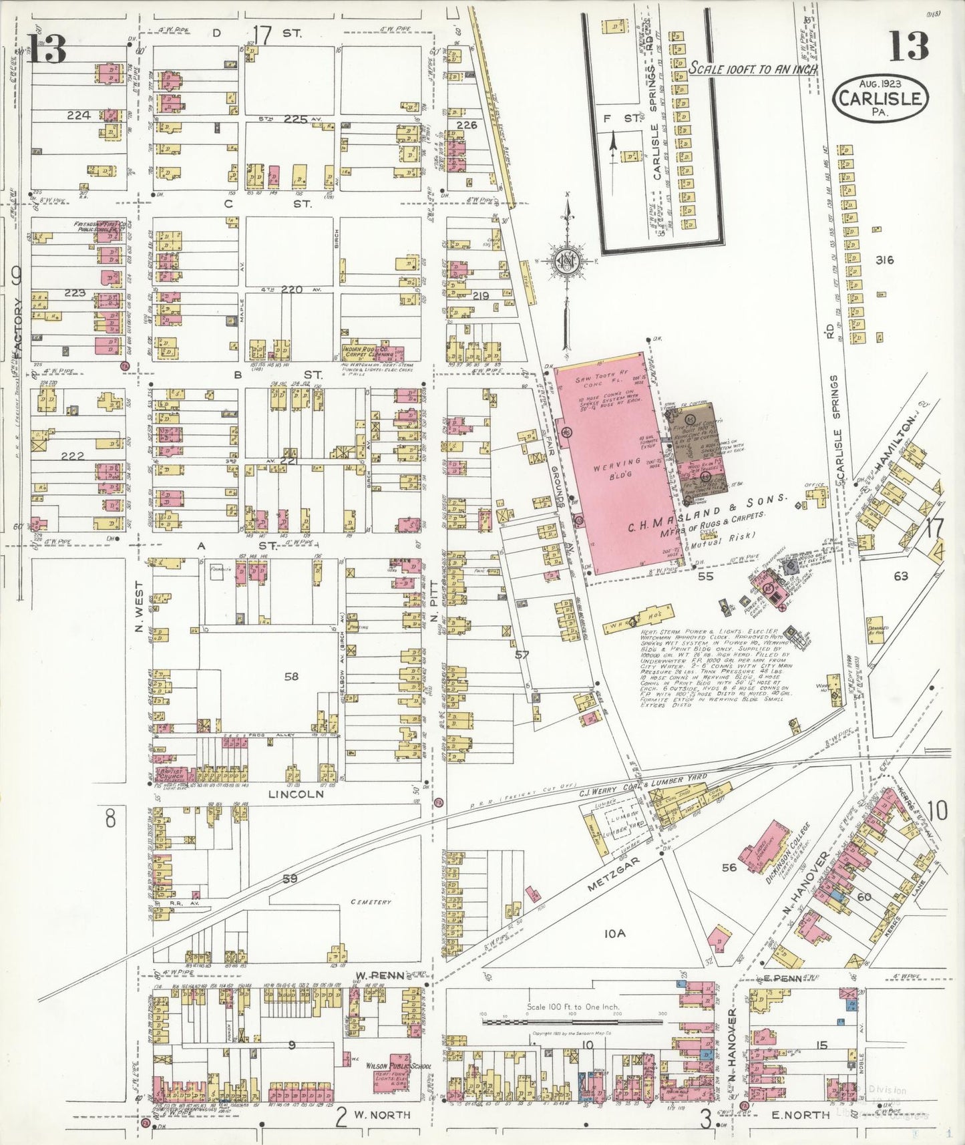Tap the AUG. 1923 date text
tap(880, 85)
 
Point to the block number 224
tap(78, 115)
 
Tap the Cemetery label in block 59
tap(371, 903)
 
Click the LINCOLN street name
tap(296, 794)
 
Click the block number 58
tap(291, 677)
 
